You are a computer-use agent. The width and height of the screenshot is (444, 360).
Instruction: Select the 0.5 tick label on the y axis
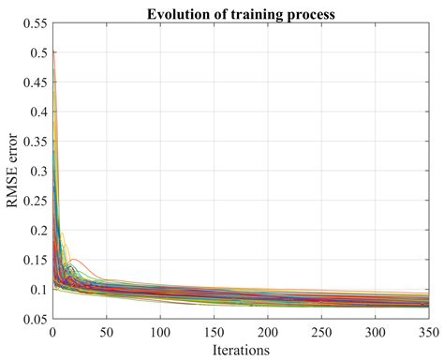(37, 53)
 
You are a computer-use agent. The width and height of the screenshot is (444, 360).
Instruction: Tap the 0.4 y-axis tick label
(37, 112)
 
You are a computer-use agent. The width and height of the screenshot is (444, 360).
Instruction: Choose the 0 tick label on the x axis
(53, 332)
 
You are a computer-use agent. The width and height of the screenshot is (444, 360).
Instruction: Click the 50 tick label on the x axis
(108, 332)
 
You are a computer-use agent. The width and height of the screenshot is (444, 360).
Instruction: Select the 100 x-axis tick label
(161, 332)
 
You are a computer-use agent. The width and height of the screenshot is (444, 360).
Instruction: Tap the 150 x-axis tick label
(215, 332)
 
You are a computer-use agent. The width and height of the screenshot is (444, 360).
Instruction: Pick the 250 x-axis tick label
(322, 332)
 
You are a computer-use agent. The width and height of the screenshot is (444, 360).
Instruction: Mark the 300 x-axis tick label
(376, 332)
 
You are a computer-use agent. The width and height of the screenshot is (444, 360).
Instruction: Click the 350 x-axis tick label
(427, 332)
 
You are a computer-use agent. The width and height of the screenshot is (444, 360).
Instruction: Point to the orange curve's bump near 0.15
(74, 260)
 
